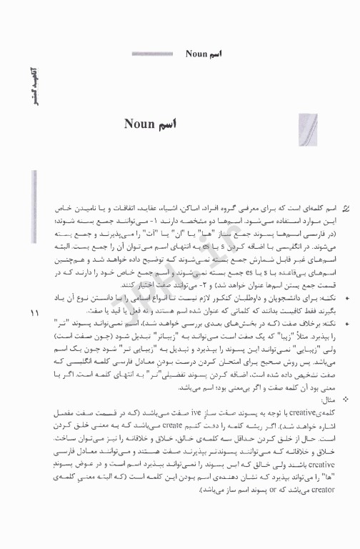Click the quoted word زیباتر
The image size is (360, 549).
click(214, 333)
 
